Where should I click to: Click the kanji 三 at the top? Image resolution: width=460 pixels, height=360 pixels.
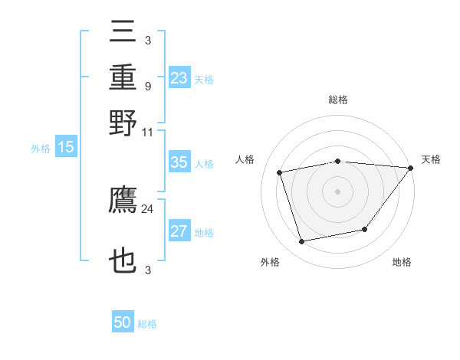tap(123, 34)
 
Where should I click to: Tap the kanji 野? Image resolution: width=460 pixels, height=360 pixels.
tap(123, 123)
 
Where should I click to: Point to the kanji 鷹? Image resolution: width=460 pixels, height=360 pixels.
tap(123, 201)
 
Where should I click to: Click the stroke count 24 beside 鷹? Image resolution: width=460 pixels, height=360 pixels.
tap(148, 208)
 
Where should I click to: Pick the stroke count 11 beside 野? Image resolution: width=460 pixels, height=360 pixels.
tap(148, 132)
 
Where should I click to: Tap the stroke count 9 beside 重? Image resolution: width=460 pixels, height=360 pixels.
tap(148, 86)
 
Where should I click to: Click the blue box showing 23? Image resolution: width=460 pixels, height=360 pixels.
tap(179, 78)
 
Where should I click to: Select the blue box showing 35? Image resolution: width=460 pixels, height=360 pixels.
tap(179, 162)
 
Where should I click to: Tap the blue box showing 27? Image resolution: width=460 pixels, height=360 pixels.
tap(179, 232)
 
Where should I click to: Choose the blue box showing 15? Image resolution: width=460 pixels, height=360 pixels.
tap(65, 148)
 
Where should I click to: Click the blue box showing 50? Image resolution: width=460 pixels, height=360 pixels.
tap(123, 322)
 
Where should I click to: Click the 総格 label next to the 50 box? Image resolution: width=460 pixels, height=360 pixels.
tap(147, 324)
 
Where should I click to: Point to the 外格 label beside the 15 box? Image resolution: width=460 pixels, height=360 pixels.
tap(41, 149)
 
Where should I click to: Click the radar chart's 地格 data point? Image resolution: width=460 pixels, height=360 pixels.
tap(365, 229)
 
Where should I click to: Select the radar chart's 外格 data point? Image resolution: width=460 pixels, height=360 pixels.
tap(302, 241)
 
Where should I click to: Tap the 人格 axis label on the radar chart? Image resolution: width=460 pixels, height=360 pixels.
tap(245, 159)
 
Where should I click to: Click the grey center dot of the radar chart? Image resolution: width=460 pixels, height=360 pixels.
tap(337, 191)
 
